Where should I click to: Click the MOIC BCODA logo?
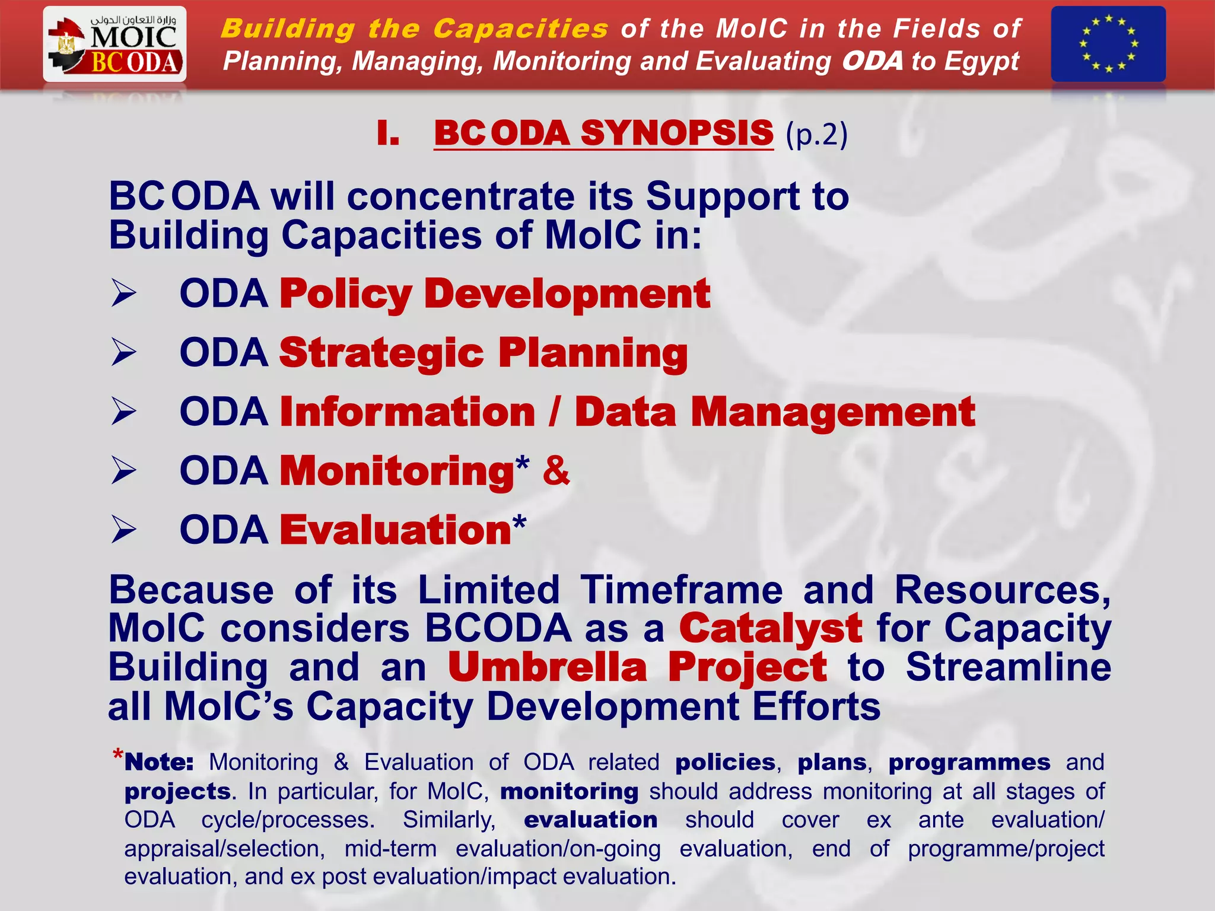(114, 44)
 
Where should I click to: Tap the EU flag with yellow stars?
(1108, 44)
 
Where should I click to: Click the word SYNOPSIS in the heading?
(677, 133)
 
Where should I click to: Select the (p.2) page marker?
(816, 135)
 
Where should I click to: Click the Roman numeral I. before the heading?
(387, 133)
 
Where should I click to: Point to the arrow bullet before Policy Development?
(123, 294)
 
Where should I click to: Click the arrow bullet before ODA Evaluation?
(123, 530)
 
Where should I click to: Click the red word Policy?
(345, 294)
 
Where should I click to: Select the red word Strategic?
(381, 353)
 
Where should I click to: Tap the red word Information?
(408, 412)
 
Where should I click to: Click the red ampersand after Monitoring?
(556, 470)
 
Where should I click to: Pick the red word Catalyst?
(770, 628)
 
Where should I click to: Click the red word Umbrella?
(547, 667)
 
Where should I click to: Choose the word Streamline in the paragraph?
(1008, 667)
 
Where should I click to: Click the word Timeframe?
(681, 590)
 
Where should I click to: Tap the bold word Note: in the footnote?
(159, 762)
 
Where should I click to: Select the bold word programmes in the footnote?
(969, 762)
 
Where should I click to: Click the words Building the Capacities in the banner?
(414, 28)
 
